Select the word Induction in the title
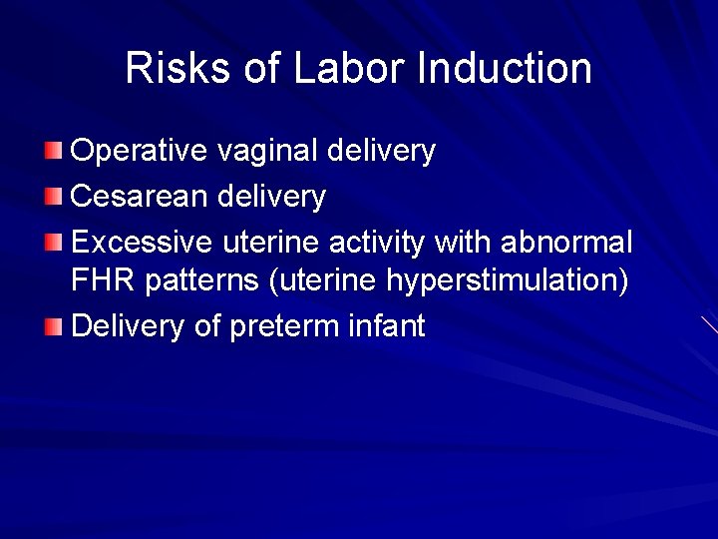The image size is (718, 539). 505,68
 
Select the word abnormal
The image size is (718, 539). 566,243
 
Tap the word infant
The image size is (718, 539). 387,325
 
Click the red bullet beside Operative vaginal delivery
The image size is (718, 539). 54,151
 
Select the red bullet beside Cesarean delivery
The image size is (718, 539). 54,197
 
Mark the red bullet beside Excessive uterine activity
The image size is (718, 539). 54,243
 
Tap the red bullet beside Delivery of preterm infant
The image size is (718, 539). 54,325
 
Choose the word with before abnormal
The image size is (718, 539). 464,243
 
